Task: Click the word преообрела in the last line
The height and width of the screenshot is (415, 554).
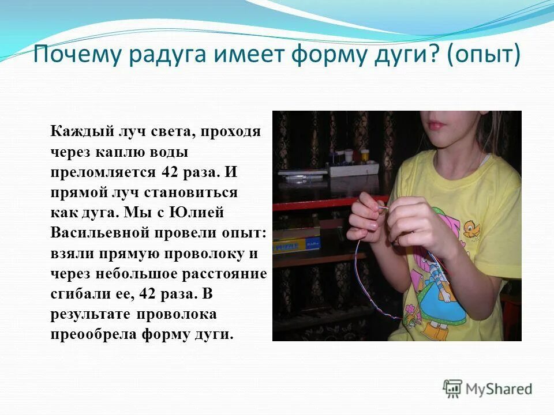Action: pos(92,334)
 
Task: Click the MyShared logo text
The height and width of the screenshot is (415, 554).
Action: pos(499,390)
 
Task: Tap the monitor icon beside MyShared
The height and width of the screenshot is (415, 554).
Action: pos(453,388)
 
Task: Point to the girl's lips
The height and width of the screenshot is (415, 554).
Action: pos(436,124)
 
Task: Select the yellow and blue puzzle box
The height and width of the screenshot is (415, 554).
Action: pos(296,245)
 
